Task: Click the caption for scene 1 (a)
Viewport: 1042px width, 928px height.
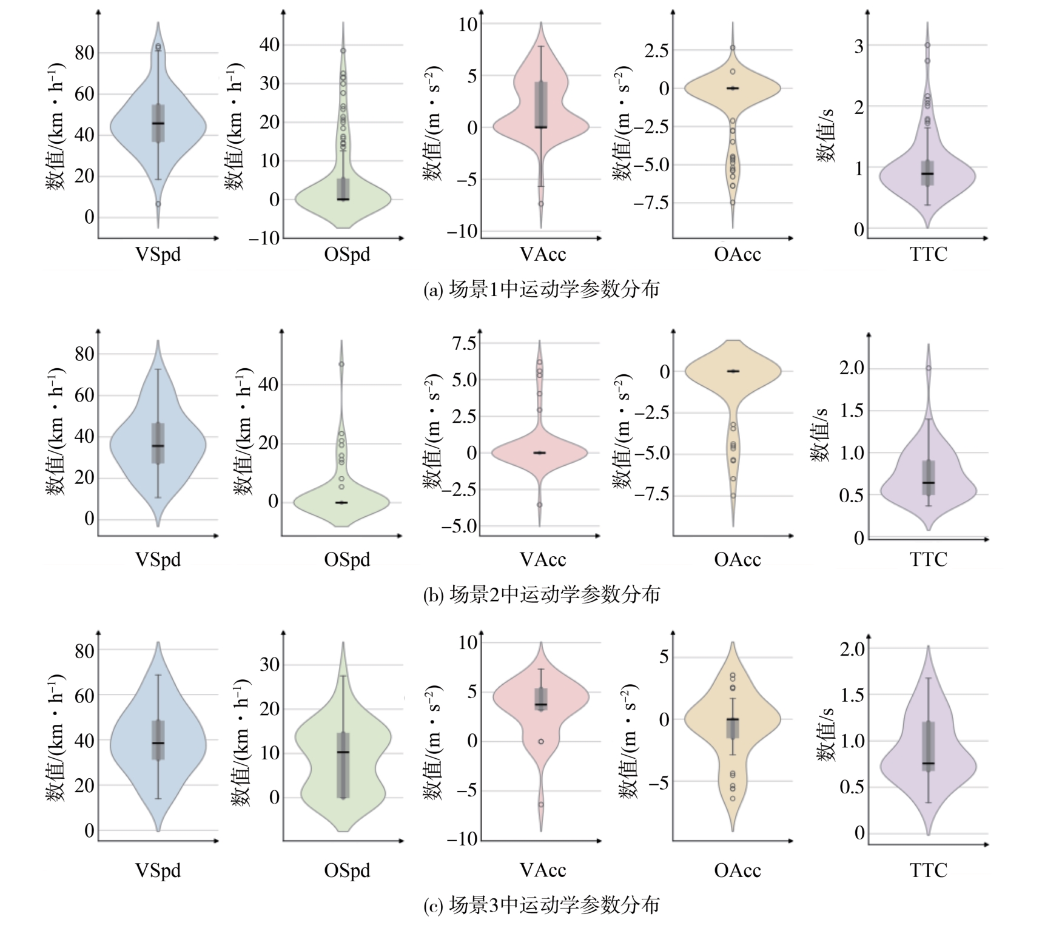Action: click(541, 289)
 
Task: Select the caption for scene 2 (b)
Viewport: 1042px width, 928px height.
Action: click(541, 594)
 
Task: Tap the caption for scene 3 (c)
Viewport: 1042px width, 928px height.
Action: click(541, 905)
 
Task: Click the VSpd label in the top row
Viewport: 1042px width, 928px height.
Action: click(158, 254)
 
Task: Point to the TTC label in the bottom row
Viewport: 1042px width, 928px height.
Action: click(928, 870)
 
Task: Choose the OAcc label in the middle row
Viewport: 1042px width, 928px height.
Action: click(737, 559)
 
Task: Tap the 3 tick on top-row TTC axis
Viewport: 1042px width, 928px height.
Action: click(859, 46)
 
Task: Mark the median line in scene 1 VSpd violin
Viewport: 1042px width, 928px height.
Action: click(158, 123)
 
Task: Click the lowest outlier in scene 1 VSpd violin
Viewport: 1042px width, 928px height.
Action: click(158, 204)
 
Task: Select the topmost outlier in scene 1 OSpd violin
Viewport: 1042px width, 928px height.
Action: click(343, 51)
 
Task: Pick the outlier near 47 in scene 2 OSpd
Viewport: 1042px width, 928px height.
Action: click(341, 364)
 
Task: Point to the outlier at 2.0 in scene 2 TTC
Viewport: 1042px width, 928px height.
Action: click(928, 368)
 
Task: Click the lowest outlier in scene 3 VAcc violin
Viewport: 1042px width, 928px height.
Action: click(540, 804)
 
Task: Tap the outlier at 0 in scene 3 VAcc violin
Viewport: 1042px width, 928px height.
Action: click(540, 741)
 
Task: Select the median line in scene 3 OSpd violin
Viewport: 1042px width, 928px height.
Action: click(343, 752)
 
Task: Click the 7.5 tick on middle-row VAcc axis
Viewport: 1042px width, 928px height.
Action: click(464, 343)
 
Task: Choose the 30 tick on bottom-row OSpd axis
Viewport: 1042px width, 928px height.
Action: click(269, 664)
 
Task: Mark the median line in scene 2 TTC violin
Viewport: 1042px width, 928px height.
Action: click(928, 483)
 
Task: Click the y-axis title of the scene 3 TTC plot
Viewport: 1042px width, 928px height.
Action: click(826, 734)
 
